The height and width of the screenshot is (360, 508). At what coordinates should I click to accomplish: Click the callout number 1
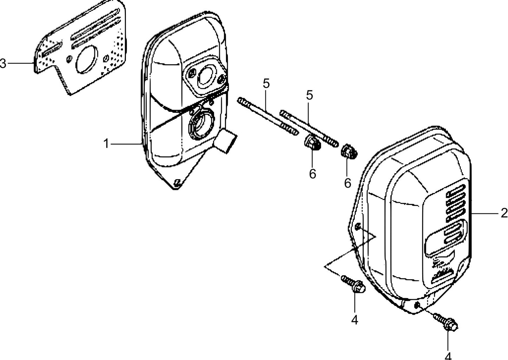[x=106, y=144]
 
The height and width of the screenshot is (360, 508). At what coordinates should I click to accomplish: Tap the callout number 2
[x=504, y=213]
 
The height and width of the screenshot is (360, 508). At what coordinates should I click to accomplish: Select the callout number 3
[x=3, y=64]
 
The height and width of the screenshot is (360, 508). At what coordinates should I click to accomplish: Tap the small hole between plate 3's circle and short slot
[x=70, y=57]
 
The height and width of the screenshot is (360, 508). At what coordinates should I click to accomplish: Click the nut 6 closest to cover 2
[x=349, y=151]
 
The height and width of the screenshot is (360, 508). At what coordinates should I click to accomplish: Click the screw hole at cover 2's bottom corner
[x=417, y=304]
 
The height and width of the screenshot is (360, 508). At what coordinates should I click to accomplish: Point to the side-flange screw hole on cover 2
[x=358, y=226]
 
